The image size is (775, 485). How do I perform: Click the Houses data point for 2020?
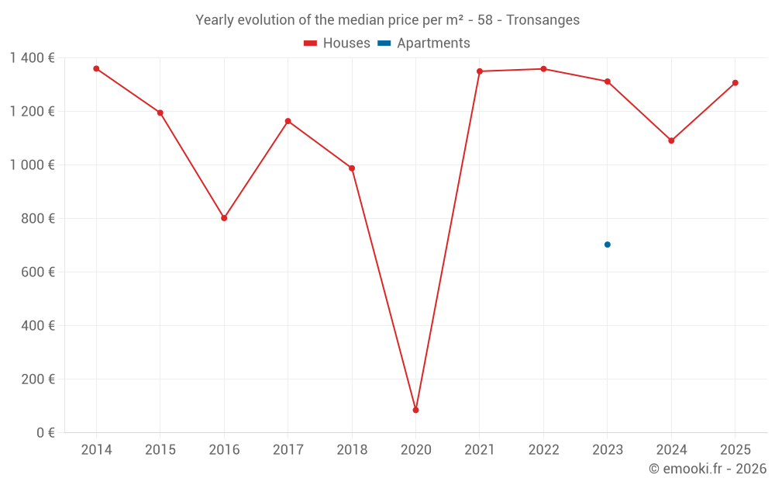point(415,410)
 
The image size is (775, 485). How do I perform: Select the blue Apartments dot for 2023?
point(607,244)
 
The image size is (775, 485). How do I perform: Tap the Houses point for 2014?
point(96,68)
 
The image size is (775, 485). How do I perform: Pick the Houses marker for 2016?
point(224,218)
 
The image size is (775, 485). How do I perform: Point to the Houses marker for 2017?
point(288,121)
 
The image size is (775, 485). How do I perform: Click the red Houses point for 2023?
point(607,81)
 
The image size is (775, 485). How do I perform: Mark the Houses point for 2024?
point(671,140)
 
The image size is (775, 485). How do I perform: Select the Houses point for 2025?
point(735,83)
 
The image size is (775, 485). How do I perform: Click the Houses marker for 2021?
point(479,71)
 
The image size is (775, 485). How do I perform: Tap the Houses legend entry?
point(337,43)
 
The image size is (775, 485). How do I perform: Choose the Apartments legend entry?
point(424,43)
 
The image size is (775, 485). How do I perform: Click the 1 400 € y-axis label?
point(32,57)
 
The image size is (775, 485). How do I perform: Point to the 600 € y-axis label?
point(39,272)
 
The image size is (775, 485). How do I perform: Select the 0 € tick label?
point(46,433)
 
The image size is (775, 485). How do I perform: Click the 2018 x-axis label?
point(352,450)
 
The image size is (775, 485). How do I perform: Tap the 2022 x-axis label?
point(543,450)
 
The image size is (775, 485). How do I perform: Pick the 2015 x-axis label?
point(160,450)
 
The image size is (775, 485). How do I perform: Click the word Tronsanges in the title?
point(542,20)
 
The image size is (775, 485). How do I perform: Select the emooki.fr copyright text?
point(708,469)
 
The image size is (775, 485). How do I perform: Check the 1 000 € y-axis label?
point(32,165)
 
